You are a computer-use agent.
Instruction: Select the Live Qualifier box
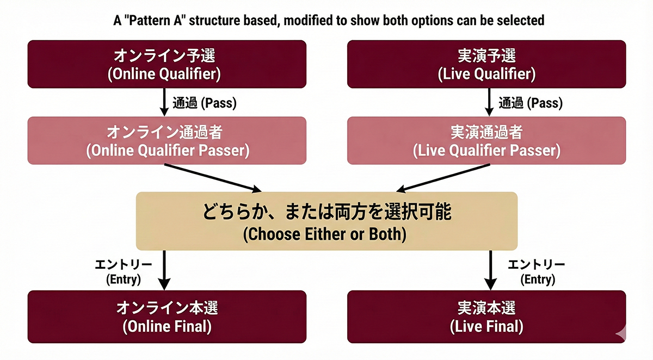(486, 64)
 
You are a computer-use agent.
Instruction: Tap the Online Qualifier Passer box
(167, 140)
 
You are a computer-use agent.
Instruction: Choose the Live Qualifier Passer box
(486, 140)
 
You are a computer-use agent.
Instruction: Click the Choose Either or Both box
(326, 221)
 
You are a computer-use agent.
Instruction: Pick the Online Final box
(167, 316)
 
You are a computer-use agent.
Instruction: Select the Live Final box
(486, 316)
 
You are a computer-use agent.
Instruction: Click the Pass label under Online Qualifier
(204, 102)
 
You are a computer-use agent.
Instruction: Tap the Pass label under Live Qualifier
(531, 102)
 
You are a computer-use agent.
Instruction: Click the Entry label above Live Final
(536, 271)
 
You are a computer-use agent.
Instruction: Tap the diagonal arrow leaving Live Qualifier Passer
(443, 177)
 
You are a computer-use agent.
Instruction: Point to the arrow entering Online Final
(164, 270)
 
